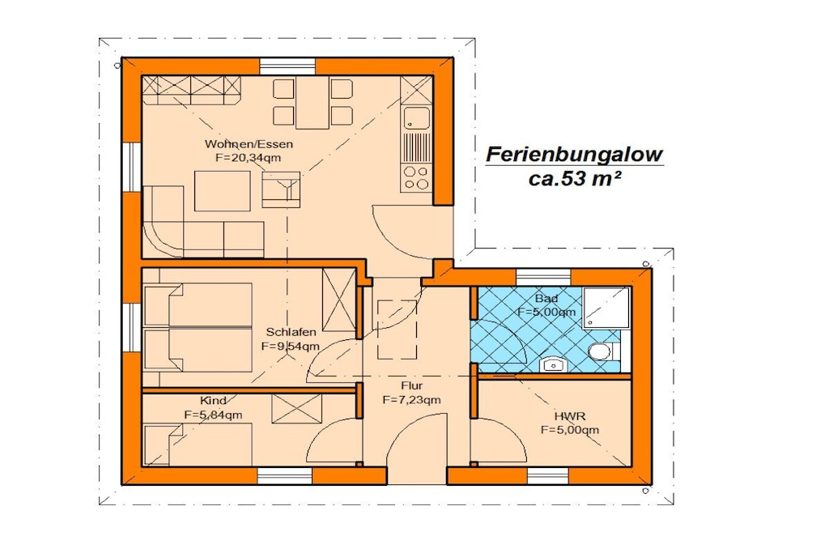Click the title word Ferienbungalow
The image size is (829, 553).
point(574,155)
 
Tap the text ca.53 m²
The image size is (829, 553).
point(574,179)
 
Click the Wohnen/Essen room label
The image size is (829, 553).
point(249,144)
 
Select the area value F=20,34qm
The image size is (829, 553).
point(248,158)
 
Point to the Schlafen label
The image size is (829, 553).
point(291,332)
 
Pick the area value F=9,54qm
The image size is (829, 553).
point(291,347)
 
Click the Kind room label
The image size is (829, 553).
point(213,401)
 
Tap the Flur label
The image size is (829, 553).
point(411,385)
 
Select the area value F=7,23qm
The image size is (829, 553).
point(411,400)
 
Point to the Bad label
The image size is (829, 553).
point(546,299)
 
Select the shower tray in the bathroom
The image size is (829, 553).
point(606,308)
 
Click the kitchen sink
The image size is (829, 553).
point(417,118)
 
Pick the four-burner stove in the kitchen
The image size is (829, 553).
point(417,177)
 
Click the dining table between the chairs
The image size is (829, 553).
point(312,103)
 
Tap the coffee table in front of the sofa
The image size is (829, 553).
point(223,191)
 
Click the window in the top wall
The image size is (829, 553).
point(287,66)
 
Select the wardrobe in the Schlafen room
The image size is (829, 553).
point(339,300)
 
